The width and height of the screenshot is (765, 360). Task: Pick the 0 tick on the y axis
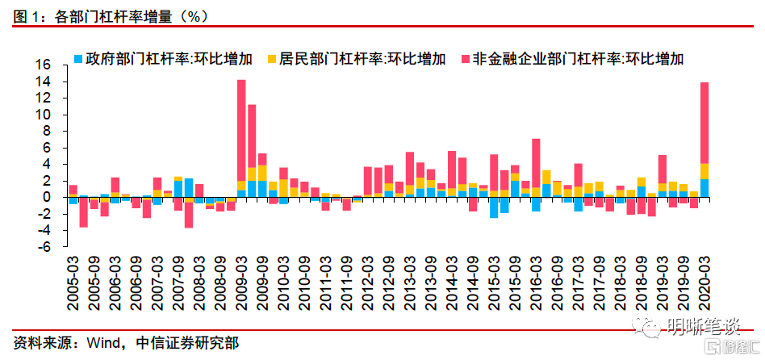click(x=48, y=197)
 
